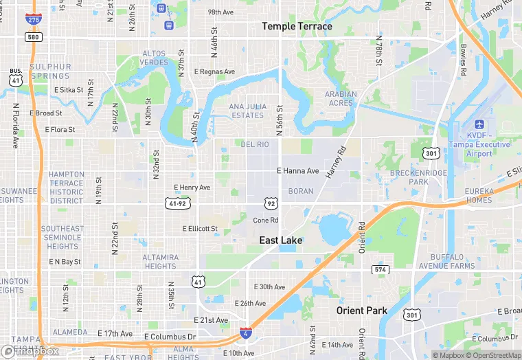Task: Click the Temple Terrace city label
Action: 297,27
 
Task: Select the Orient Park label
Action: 361,311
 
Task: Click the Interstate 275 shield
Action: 32,19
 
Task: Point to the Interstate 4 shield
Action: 245,334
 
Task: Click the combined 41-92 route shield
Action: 177,203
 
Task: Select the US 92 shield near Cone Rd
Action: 271,203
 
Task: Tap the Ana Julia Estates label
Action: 247,111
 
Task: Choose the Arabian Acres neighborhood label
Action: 341,99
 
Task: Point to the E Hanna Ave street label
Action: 298,170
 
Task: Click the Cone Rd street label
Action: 266,221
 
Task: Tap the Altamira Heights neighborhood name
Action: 160,262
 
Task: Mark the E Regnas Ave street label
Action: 214,71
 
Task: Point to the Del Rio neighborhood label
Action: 255,144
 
